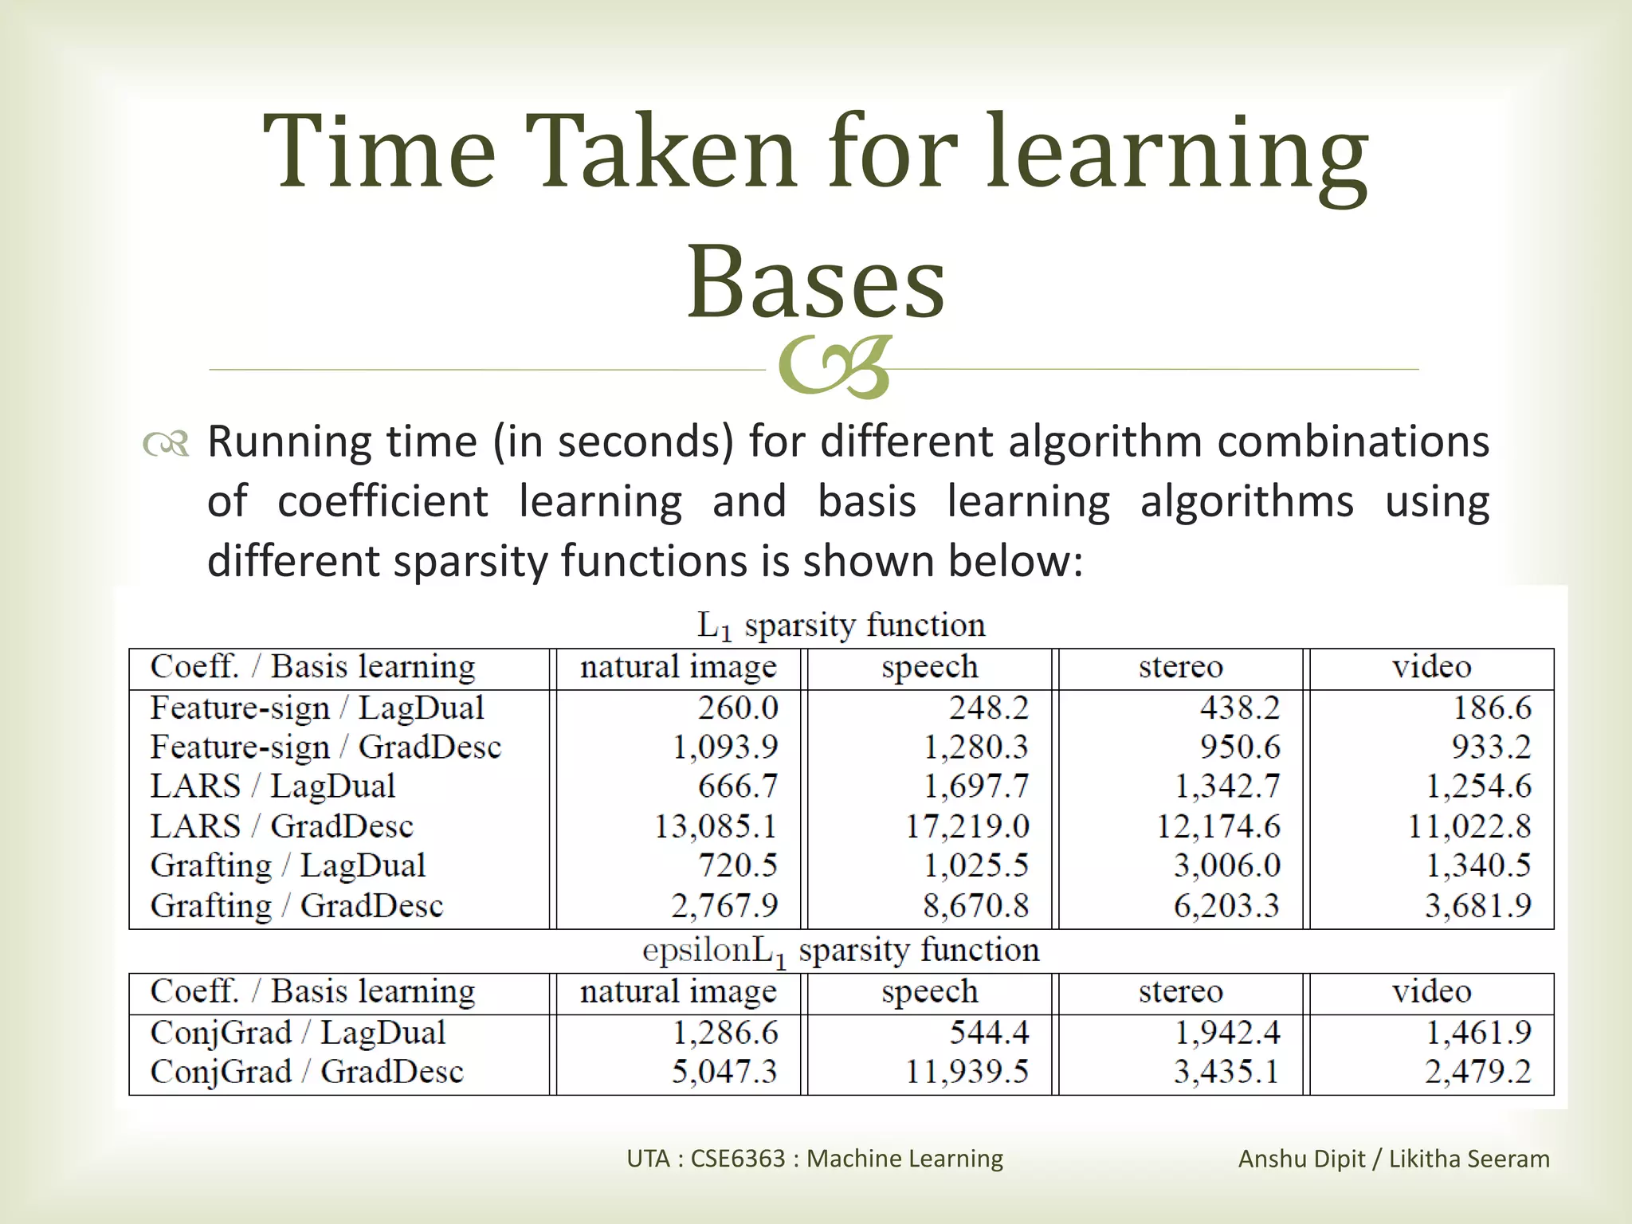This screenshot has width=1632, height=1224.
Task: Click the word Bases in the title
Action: [x=816, y=282]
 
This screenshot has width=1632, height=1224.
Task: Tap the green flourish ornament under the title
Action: [x=834, y=368]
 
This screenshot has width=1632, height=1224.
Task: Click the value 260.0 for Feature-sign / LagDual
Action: [x=738, y=708]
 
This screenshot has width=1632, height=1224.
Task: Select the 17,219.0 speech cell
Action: [x=967, y=826]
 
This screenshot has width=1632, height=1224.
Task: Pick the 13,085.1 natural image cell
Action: [x=715, y=826]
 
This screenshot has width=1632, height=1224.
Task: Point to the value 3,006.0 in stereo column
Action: [x=1226, y=865]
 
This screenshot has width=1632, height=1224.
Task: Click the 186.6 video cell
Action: [x=1492, y=708]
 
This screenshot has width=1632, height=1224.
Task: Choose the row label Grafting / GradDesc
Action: [x=296, y=905]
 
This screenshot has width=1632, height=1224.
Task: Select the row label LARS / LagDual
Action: [x=273, y=787]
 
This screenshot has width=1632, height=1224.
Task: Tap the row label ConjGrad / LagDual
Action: [x=297, y=1033]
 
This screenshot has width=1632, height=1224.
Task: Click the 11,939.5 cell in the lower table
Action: [x=967, y=1072]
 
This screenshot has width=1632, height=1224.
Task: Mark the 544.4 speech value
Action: [x=989, y=1033]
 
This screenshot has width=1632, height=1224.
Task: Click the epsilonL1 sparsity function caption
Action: [x=841, y=951]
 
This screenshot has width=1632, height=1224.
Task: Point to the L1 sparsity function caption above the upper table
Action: [x=841, y=626]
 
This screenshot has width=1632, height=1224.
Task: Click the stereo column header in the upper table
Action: [x=1180, y=667]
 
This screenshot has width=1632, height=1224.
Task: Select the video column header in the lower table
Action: [x=1431, y=992]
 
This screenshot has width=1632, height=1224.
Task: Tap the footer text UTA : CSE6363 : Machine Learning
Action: [x=814, y=1158]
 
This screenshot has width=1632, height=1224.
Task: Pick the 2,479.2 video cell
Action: [x=1477, y=1072]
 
